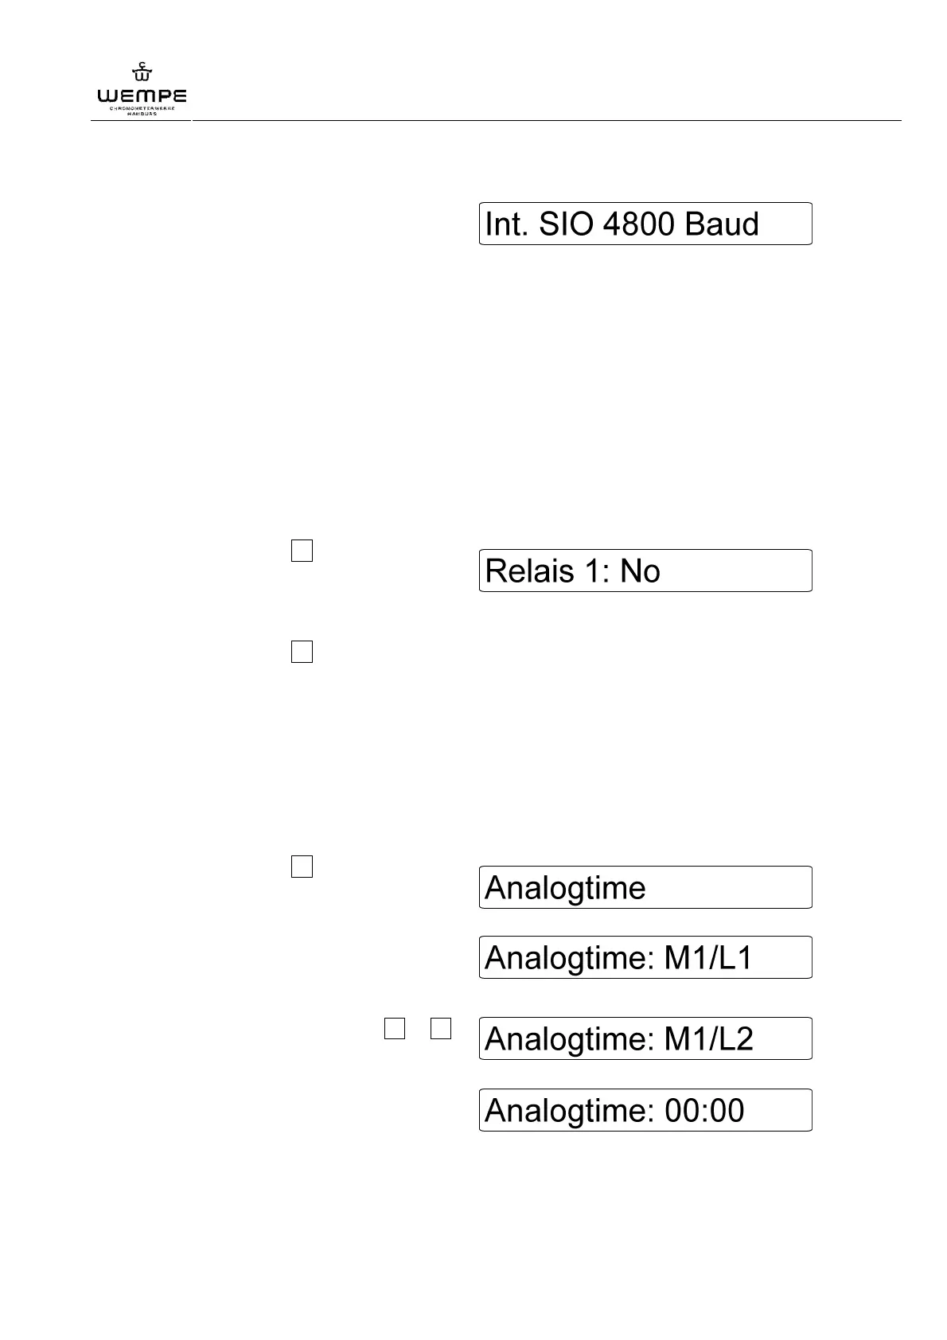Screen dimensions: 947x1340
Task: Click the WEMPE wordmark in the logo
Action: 142,96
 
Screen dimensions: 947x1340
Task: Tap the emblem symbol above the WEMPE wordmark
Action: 142,73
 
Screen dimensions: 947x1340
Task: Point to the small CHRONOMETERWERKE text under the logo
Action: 142,107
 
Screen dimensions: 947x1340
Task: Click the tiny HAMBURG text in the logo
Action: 142,114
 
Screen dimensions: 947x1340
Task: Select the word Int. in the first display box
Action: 507,224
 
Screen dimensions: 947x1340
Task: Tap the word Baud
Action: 721,224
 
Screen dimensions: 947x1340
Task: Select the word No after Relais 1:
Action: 640,571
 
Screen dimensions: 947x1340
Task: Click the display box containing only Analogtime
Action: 645,887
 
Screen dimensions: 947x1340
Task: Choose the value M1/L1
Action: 707,958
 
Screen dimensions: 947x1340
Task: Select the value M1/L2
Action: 708,1039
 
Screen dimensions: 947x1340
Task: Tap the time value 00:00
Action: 704,1111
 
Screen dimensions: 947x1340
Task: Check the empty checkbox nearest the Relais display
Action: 302,551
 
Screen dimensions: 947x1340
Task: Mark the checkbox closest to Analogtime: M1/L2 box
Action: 441,1028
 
